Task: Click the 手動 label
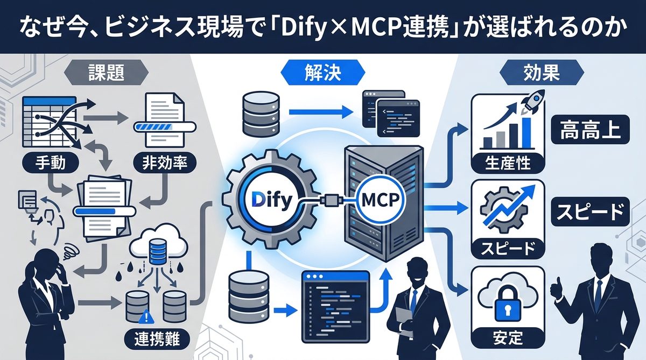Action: (x=45, y=163)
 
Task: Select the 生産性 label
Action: (x=508, y=161)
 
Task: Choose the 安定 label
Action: (x=507, y=338)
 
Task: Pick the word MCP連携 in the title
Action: (x=415, y=27)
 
